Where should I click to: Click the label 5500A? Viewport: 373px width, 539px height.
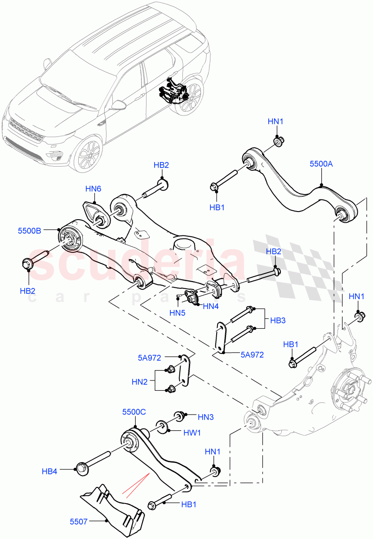click(321, 164)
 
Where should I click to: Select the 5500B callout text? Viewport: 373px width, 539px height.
click(29, 230)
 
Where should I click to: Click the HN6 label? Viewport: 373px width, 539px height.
click(94, 189)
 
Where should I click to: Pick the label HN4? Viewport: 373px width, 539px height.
click(211, 307)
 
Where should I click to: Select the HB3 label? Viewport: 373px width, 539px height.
click(278, 321)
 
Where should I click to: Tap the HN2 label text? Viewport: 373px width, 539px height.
click(140, 382)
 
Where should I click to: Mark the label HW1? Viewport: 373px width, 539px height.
click(192, 432)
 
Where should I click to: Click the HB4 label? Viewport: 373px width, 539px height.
click(50, 471)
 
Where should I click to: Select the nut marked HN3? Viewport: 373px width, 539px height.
click(179, 415)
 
